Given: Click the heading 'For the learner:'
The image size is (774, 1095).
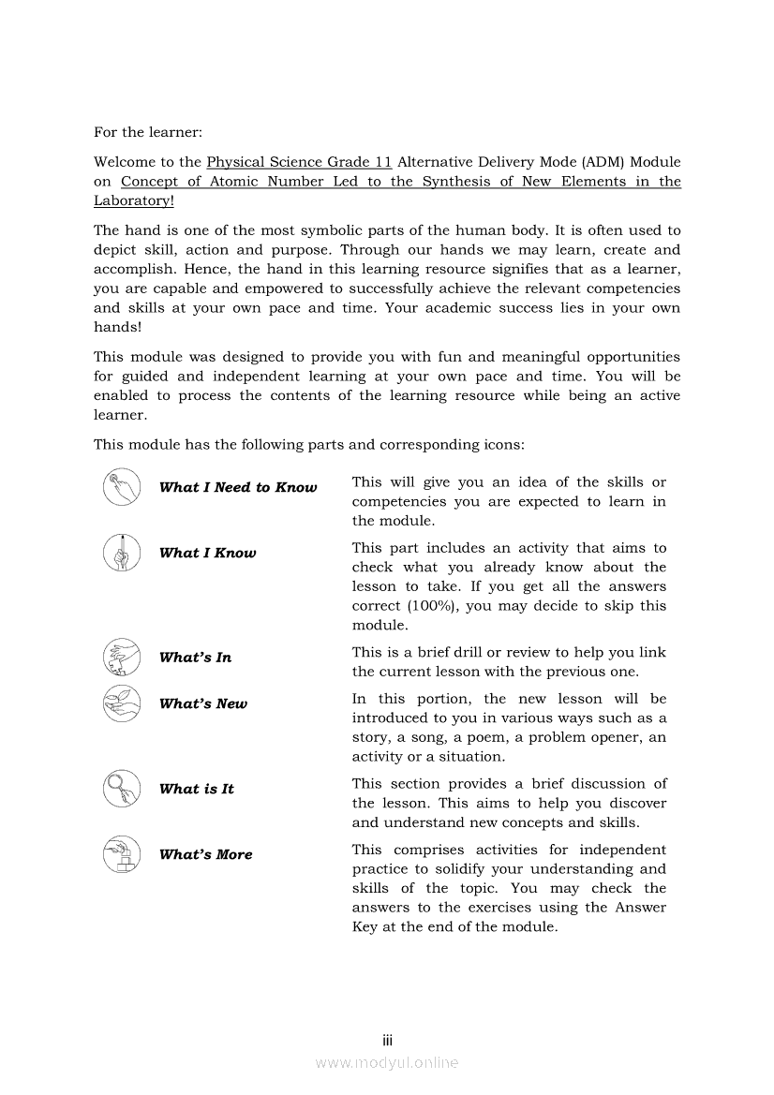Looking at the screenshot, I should click(148, 133).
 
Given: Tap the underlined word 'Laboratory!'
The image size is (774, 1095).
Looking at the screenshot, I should click(134, 200).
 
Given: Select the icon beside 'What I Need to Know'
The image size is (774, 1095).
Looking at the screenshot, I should click(121, 487).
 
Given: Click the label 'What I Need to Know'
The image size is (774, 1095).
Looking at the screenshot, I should click(238, 487).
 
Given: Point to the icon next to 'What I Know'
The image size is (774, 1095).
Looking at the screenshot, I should click(121, 553).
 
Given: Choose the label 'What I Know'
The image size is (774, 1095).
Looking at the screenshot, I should click(207, 553).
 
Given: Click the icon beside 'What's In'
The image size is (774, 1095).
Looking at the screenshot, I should click(121, 657).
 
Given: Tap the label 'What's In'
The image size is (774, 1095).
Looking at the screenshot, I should click(195, 658).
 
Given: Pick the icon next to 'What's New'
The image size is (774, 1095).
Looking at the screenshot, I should click(121, 703).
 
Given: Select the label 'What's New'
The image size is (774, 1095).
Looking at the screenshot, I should click(203, 704).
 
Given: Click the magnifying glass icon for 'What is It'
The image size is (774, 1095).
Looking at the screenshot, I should click(121, 788).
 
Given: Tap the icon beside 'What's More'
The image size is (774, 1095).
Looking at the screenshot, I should click(121, 853).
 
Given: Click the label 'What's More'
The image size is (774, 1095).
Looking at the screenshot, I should click(206, 854).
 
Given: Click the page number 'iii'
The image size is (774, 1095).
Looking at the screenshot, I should click(386, 1041).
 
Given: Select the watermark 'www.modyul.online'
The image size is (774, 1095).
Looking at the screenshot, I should click(386, 1062).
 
